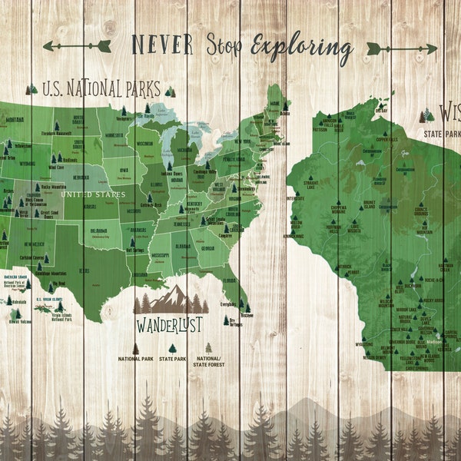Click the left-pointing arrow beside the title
coord(77,46)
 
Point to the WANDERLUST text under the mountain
coord(168,325)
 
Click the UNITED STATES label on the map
coord(93,194)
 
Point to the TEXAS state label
coord(85,270)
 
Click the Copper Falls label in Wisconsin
coord(386,139)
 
